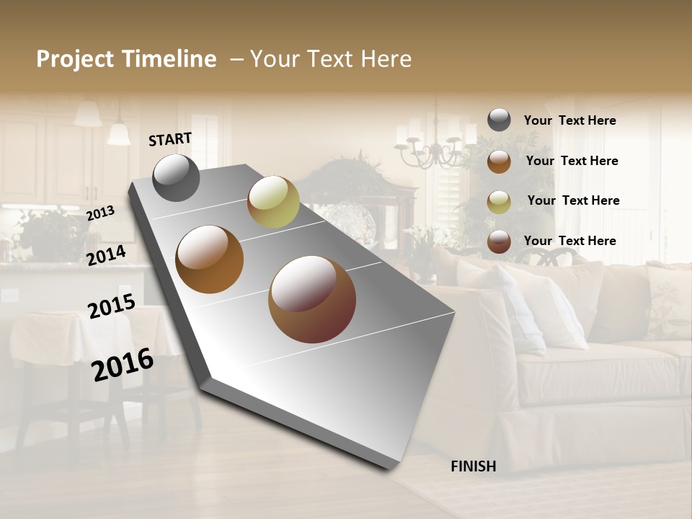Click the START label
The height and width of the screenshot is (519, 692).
pyautogui.click(x=170, y=138)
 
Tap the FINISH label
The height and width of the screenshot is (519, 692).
pyautogui.click(x=473, y=466)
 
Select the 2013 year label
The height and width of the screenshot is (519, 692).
pyautogui.click(x=100, y=213)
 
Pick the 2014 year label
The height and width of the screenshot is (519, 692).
pyautogui.click(x=107, y=255)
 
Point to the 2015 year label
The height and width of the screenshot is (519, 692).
pyautogui.click(x=112, y=306)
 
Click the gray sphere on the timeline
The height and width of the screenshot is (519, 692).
pyautogui.click(x=177, y=178)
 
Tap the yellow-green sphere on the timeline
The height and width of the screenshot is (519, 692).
pyautogui.click(x=273, y=202)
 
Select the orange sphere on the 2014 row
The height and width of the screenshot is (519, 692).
pyautogui.click(x=209, y=259)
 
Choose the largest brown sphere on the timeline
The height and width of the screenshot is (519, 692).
pyautogui.click(x=312, y=299)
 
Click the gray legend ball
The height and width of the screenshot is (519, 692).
pyautogui.click(x=499, y=120)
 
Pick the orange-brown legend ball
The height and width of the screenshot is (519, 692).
pyautogui.click(x=499, y=161)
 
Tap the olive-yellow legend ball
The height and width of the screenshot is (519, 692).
pyautogui.click(x=499, y=201)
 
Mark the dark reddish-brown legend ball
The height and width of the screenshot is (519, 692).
pyautogui.click(x=499, y=241)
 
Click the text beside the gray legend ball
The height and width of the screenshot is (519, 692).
pyautogui.click(x=569, y=120)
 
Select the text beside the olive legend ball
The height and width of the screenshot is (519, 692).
pyautogui.click(x=573, y=200)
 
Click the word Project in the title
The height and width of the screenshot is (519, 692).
pyautogui.click(x=74, y=59)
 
